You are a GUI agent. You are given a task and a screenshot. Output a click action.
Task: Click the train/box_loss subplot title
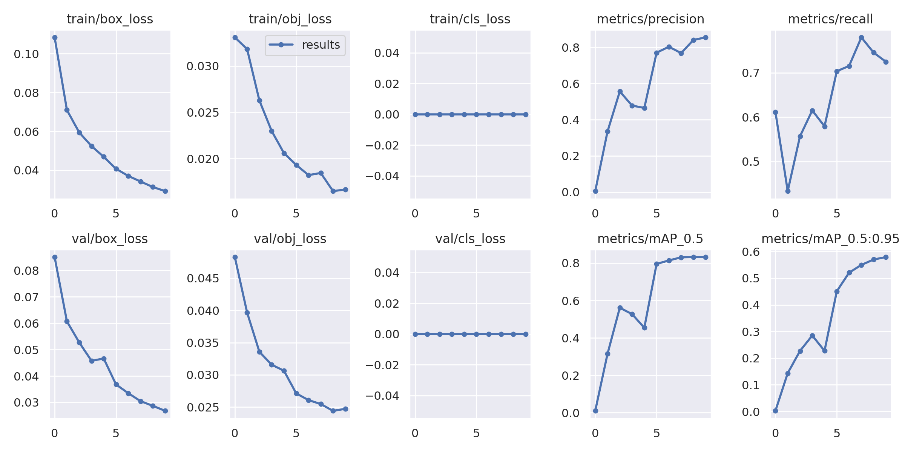click(110, 19)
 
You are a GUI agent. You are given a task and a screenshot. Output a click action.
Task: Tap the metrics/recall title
click(830, 19)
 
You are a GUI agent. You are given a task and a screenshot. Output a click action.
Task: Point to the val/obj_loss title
click(290, 239)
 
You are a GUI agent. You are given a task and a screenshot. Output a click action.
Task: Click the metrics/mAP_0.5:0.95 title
click(830, 239)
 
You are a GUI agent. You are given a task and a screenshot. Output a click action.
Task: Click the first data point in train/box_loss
click(55, 38)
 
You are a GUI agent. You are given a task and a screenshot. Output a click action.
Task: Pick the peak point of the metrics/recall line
click(861, 38)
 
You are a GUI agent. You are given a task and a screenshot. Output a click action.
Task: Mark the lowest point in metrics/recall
click(788, 191)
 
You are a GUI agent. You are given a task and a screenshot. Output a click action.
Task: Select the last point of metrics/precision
click(706, 38)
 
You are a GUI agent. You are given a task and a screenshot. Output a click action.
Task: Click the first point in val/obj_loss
click(235, 257)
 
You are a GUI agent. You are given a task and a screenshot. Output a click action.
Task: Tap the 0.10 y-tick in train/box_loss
click(26, 54)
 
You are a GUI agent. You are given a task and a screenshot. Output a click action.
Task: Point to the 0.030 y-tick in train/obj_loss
click(203, 66)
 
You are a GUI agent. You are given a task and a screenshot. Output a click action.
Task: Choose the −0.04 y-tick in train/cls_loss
click(382, 176)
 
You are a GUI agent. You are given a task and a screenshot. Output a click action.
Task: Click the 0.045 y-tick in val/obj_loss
click(203, 279)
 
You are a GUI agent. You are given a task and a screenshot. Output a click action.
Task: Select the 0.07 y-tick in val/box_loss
click(26, 297)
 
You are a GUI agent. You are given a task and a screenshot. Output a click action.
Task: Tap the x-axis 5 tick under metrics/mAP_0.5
click(657, 433)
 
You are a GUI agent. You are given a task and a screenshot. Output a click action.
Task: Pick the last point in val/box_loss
click(165, 411)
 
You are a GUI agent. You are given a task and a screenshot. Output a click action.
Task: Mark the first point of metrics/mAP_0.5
click(595, 411)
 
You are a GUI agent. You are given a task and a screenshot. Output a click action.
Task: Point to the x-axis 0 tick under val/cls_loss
click(415, 433)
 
